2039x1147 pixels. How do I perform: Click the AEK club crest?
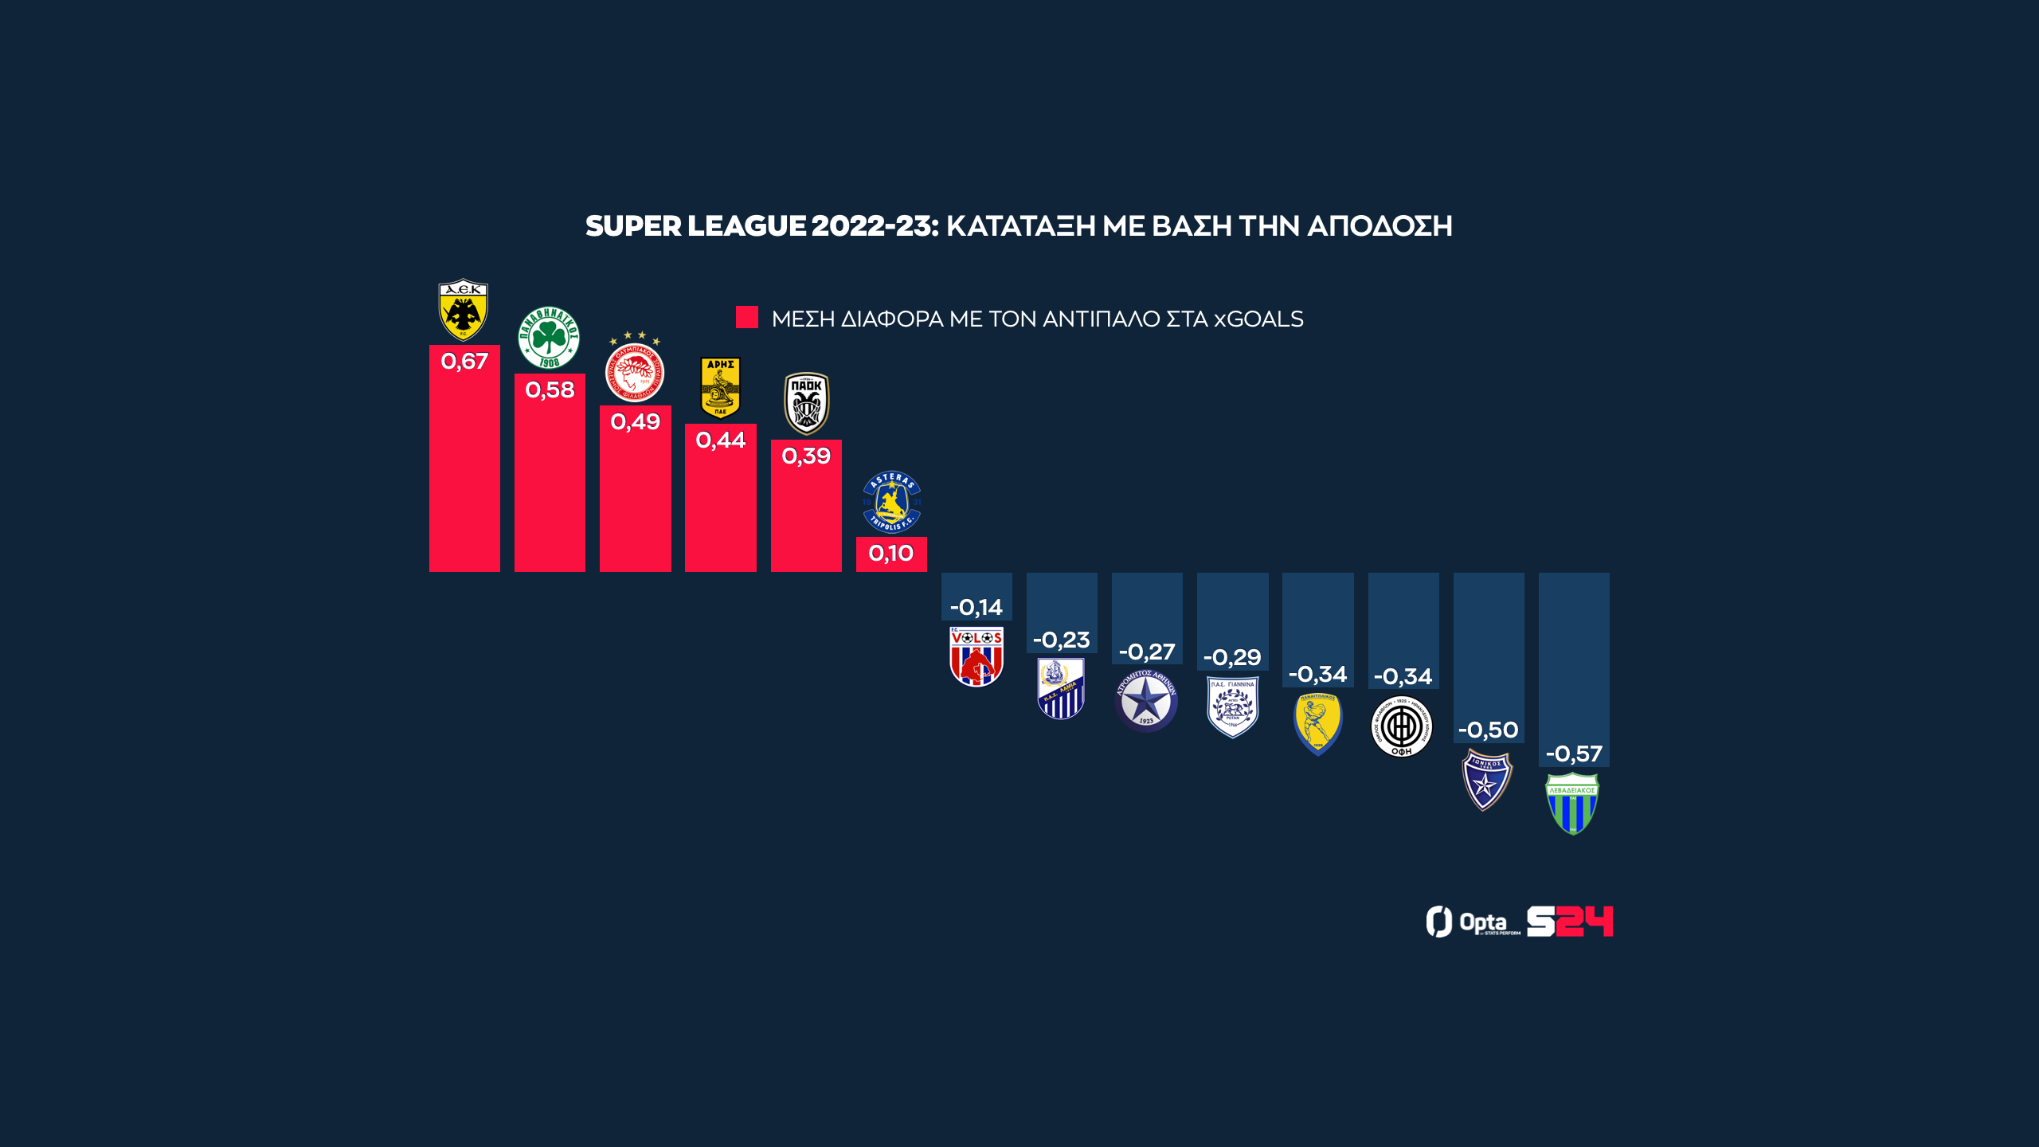(x=464, y=310)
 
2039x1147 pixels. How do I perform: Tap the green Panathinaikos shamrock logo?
(x=549, y=338)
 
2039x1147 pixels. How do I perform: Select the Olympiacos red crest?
(x=635, y=370)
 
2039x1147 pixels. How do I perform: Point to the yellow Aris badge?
(x=720, y=387)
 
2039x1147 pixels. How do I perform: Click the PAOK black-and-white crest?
(x=806, y=403)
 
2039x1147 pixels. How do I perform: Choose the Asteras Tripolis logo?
(x=891, y=502)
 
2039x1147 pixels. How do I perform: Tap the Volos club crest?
(x=976, y=656)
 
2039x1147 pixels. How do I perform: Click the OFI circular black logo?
(x=1402, y=726)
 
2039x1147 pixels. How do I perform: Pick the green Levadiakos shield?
(x=1572, y=803)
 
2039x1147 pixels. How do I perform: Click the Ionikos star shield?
(x=1487, y=780)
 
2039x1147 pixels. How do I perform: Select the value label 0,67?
(x=464, y=362)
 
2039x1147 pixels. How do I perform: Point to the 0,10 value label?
(x=891, y=554)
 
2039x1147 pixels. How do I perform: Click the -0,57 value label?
(x=1574, y=754)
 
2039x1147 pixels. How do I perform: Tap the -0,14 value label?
(x=976, y=608)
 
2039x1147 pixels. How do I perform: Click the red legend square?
(x=747, y=317)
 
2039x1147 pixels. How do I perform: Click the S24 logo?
(x=1569, y=922)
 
